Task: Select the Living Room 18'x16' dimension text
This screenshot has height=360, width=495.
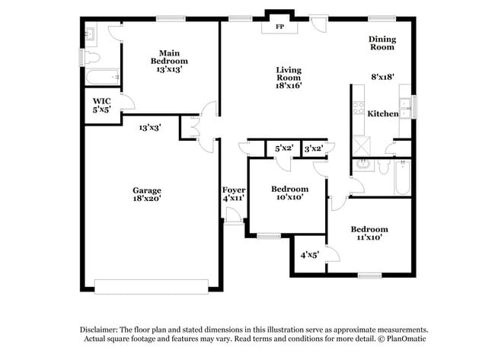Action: pos(289,86)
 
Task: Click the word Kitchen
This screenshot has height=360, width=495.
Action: pos(383,113)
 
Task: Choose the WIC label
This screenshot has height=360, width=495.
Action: pos(102,100)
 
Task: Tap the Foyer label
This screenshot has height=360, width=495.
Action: pos(233,189)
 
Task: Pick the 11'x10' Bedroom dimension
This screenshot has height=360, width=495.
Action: pos(369,238)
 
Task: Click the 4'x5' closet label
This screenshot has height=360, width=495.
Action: pos(309,256)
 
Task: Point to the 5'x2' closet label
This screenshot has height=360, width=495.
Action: pos(284,148)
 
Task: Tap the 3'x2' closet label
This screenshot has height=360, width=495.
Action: pos(313,148)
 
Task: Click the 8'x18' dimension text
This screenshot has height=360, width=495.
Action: pos(383,77)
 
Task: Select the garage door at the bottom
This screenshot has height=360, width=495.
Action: pos(151,286)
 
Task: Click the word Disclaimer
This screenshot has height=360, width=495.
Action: pos(102,329)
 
